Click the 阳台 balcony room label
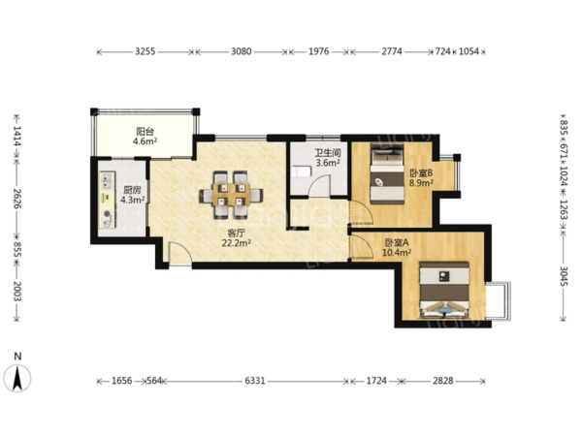tap(145, 131)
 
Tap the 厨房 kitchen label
tap(132, 190)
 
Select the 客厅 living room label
tap(236, 234)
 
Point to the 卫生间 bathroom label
tap(328, 153)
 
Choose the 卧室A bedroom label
tap(397, 243)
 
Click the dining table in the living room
tap(231, 195)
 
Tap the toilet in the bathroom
tap(301, 171)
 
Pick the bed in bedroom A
tap(444, 290)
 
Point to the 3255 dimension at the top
tap(145, 51)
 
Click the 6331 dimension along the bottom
tap(255, 381)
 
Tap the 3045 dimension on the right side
tap(564, 276)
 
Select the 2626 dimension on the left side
tap(17, 199)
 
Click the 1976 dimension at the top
tap(319, 51)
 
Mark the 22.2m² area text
tap(237, 243)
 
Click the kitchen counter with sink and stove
tap(108, 200)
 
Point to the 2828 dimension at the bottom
tap(443, 381)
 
